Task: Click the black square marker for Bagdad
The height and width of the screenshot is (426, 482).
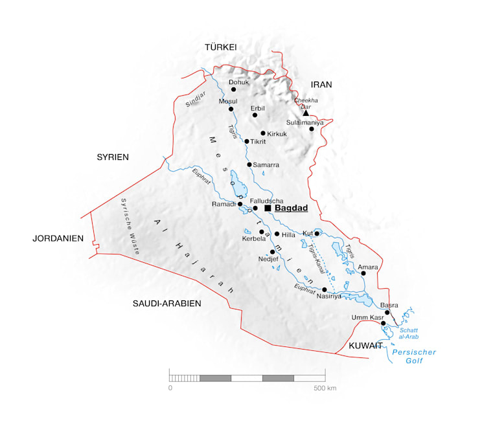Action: [268, 208]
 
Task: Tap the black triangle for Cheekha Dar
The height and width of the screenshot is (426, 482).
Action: [306, 113]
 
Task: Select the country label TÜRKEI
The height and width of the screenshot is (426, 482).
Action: [221, 47]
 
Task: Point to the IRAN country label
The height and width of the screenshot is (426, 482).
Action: [321, 85]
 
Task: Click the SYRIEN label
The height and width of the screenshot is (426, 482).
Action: [113, 157]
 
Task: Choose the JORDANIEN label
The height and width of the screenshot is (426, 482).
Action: [58, 238]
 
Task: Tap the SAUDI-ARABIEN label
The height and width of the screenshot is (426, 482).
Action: [166, 303]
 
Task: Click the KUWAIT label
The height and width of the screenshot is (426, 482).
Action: [365, 346]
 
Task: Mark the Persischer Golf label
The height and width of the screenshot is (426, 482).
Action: [415, 356]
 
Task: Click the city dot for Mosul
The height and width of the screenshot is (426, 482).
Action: [231, 109]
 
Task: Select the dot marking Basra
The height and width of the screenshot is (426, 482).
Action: [387, 312]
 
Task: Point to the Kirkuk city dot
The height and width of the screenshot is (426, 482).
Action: [263, 133]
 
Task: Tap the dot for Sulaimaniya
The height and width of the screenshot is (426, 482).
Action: [312, 129]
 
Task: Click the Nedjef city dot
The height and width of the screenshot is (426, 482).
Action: [272, 252]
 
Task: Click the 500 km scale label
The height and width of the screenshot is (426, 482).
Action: [325, 388]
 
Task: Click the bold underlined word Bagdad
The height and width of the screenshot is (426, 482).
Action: [290, 208]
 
